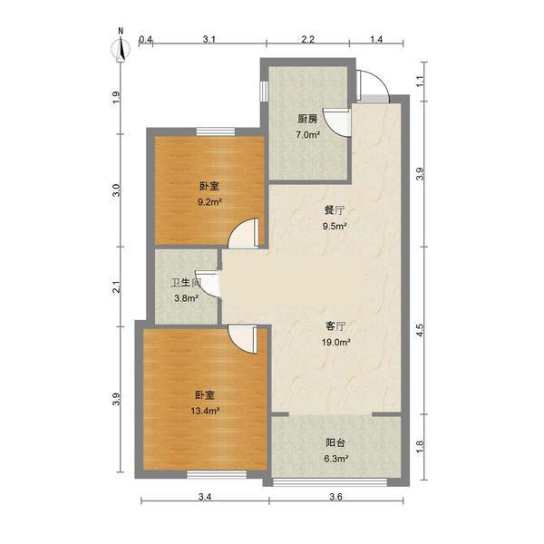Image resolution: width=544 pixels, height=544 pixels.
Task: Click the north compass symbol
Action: click(x=121, y=47)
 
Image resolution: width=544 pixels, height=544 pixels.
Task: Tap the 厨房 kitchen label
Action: click(x=307, y=120)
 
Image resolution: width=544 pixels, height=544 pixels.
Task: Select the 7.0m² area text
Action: click(x=307, y=134)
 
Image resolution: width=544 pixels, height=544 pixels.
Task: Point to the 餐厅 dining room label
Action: click(x=335, y=210)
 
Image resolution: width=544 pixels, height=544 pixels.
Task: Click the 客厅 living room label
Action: click(x=335, y=326)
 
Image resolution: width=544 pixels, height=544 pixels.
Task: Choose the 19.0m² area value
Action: click(x=335, y=343)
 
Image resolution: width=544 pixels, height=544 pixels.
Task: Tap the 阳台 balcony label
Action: click(x=335, y=442)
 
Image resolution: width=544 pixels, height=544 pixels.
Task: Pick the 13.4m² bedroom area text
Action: click(x=205, y=411)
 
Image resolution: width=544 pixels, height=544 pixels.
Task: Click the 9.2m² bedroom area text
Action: click(x=209, y=202)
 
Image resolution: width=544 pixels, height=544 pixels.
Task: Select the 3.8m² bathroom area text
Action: click(x=186, y=297)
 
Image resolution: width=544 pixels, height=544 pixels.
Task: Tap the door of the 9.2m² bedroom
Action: click(x=244, y=233)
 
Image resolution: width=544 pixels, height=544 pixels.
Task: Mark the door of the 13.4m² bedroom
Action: click(x=243, y=339)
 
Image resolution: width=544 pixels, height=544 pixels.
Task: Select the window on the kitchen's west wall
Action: click(x=264, y=92)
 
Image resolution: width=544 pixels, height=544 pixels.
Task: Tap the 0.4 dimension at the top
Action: click(x=145, y=39)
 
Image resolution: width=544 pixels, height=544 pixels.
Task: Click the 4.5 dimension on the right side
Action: click(x=420, y=330)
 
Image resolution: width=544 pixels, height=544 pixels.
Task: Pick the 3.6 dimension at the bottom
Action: click(x=335, y=497)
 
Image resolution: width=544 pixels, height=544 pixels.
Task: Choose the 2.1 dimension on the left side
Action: click(x=117, y=287)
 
